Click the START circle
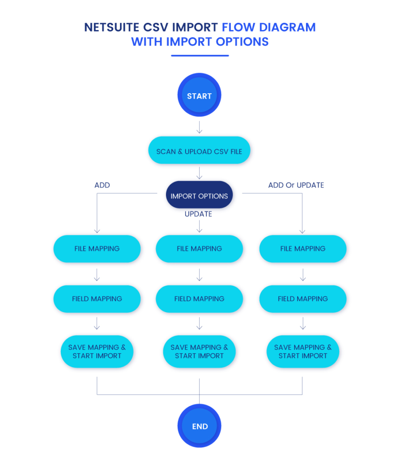200,95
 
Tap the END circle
200,426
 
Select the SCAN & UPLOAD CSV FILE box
199,151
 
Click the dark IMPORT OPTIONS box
199,196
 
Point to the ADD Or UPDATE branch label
296,185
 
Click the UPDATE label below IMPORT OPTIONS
198,214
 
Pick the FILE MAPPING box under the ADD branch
97,249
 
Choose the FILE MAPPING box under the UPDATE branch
199,249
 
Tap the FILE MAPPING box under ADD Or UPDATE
303,249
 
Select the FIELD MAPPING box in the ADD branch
97,299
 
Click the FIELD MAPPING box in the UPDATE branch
199,299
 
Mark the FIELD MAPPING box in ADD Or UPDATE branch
303,299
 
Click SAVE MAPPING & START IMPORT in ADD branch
97,351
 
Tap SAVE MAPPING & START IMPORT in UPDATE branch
199,351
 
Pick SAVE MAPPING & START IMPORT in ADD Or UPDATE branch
303,351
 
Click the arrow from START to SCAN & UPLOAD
200,127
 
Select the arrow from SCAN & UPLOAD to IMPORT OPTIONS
200,173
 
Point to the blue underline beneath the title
200,56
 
